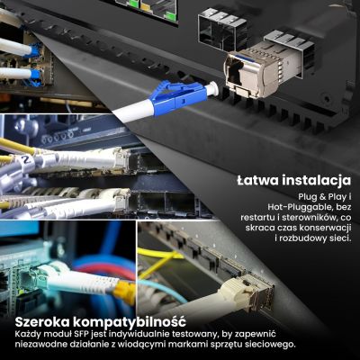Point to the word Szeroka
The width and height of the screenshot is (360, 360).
[x=45, y=321]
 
